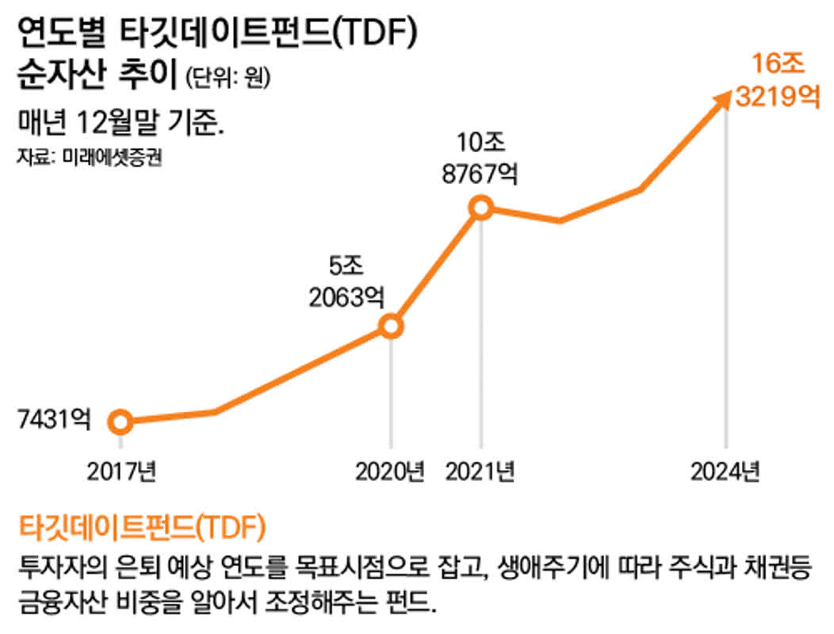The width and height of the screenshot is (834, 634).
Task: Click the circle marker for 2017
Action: pyautogui.click(x=121, y=422)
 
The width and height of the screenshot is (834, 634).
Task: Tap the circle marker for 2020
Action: pyautogui.click(x=390, y=327)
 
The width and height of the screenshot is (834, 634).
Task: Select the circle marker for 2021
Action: pyautogui.click(x=481, y=208)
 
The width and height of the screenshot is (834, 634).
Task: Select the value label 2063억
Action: pyautogui.click(x=346, y=298)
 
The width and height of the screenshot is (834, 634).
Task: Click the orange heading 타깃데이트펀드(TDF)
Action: pyautogui.click(x=141, y=525)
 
